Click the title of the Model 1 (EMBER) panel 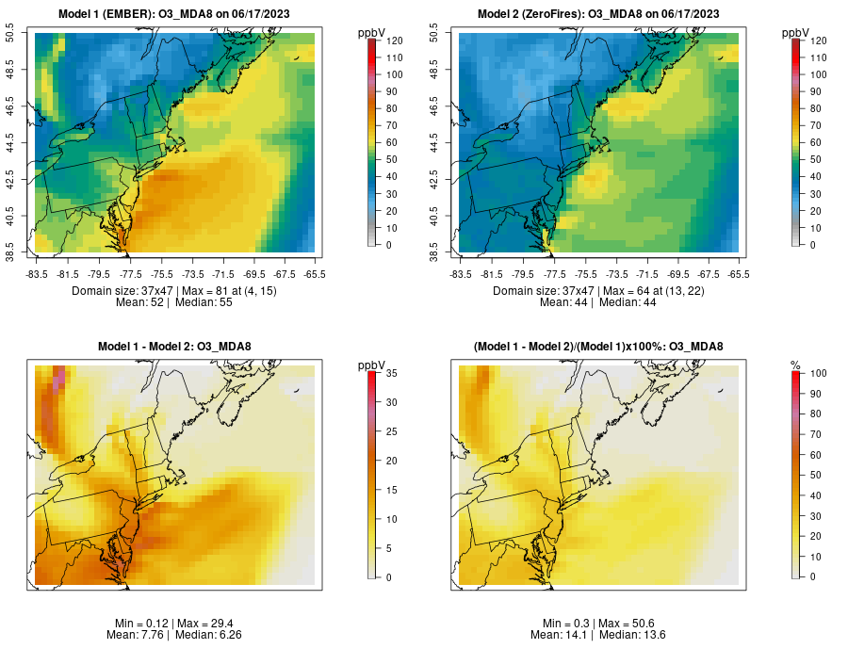(174, 13)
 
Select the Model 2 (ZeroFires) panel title (598, 13)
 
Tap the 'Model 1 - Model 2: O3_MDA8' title (174, 347)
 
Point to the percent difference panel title (598, 347)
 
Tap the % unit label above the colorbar (795, 365)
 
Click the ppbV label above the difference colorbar (371, 365)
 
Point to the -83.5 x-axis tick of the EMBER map (37, 274)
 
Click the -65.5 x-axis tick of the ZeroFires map (739, 274)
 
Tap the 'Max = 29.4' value (210, 624)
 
